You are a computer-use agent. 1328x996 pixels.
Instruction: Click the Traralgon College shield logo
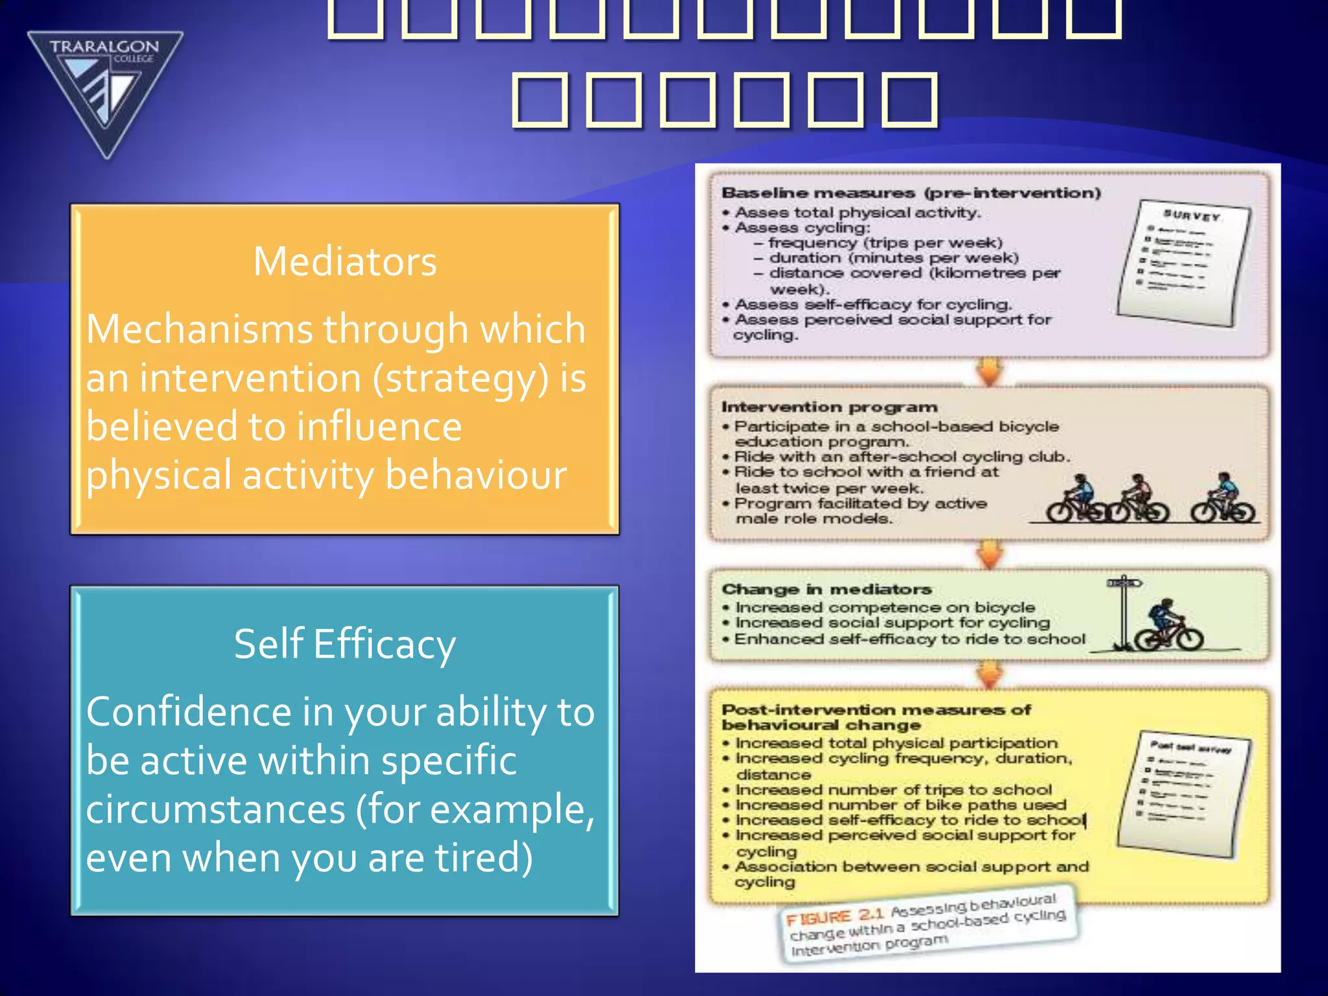(105, 91)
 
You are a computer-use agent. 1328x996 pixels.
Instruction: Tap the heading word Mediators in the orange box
(345, 261)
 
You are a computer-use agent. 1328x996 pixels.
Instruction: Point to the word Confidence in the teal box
(189, 711)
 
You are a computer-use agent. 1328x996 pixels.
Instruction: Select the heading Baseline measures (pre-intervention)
(911, 193)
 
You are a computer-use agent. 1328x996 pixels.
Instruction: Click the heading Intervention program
(829, 407)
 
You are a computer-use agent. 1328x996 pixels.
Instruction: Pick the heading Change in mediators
(827, 589)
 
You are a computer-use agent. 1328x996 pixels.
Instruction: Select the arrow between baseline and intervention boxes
(990, 372)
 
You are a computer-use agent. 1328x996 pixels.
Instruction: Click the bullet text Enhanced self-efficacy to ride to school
(909, 639)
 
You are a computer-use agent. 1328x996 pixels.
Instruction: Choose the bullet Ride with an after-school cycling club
(901, 456)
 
